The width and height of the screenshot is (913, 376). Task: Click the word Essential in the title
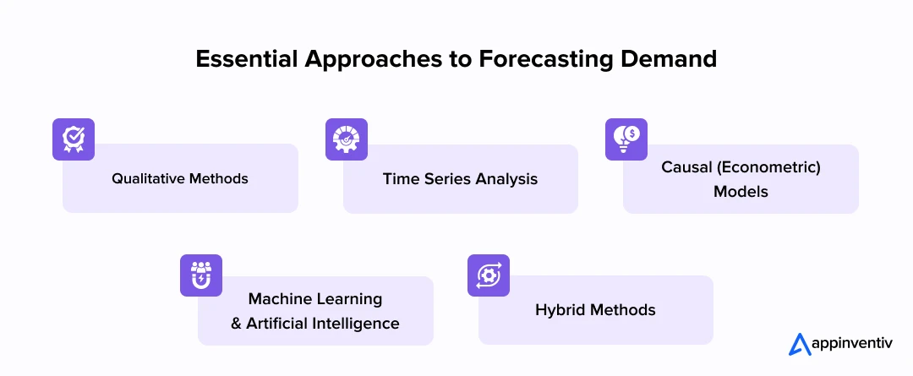[246, 58]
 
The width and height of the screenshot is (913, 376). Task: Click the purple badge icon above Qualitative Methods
[74, 139]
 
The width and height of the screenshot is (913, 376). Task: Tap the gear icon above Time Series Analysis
[347, 139]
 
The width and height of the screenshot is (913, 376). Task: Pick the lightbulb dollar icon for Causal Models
[626, 139]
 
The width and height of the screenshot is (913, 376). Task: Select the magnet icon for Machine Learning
[201, 275]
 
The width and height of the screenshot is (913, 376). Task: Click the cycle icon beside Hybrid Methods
[489, 275]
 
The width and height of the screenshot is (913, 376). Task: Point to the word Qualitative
[149, 179]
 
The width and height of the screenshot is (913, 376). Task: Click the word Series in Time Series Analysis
[447, 179]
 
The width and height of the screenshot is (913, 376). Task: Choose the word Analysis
[506, 179]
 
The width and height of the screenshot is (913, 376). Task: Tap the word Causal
[686, 167]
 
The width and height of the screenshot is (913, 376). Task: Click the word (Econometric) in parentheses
[768, 167]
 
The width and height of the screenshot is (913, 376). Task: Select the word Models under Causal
[741, 192]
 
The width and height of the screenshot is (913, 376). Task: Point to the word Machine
[278, 299]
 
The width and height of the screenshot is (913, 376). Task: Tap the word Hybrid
[561, 310]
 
